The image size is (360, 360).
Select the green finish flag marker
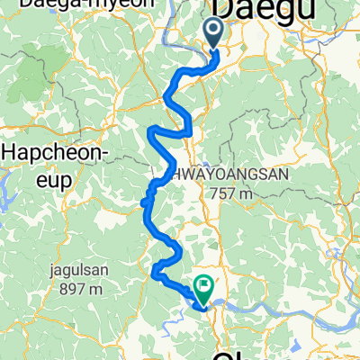point(203,287)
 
